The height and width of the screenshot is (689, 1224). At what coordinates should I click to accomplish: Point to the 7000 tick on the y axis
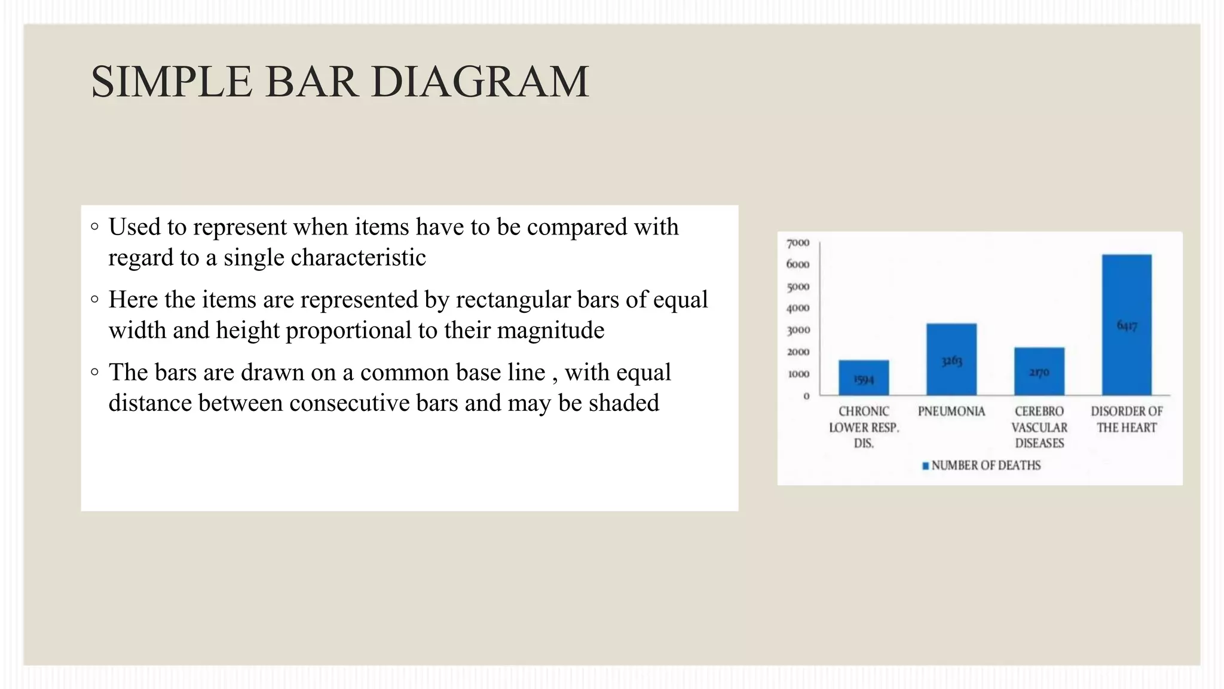798,243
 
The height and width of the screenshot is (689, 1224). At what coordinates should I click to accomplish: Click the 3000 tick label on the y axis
798,330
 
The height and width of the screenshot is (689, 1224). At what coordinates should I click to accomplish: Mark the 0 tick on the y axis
806,396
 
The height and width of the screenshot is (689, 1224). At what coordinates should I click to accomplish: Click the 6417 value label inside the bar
1127,325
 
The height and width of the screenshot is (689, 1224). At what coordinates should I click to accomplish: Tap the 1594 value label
864,380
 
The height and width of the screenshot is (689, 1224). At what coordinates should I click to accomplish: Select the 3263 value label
951,361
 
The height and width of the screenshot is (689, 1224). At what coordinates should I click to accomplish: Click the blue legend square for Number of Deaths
926,466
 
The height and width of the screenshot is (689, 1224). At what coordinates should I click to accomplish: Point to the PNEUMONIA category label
951,411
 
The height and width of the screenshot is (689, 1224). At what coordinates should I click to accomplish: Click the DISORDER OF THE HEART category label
1127,419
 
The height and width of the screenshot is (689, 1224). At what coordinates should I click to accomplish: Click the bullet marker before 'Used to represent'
94,227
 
